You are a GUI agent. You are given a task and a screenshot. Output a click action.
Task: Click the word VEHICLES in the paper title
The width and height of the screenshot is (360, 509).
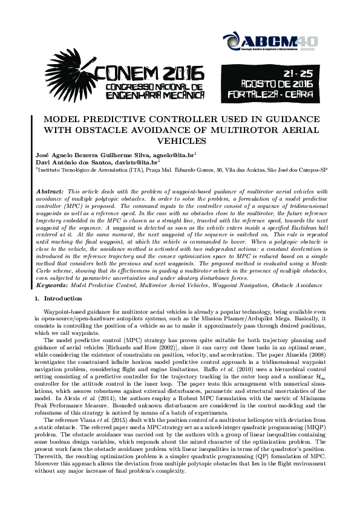click(180, 141)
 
